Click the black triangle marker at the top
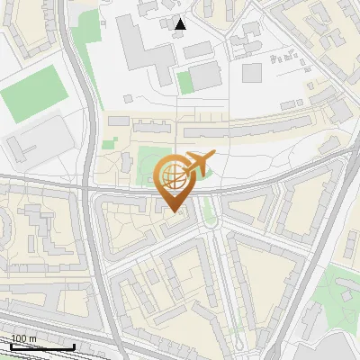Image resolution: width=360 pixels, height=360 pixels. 181,24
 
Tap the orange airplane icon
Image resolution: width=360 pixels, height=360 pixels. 200,164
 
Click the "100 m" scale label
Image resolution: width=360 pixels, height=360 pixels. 24,338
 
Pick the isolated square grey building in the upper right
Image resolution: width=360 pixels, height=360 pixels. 251,72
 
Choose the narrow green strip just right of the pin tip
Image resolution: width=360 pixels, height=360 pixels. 210,211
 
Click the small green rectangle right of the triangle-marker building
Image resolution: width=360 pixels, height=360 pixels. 185,83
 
